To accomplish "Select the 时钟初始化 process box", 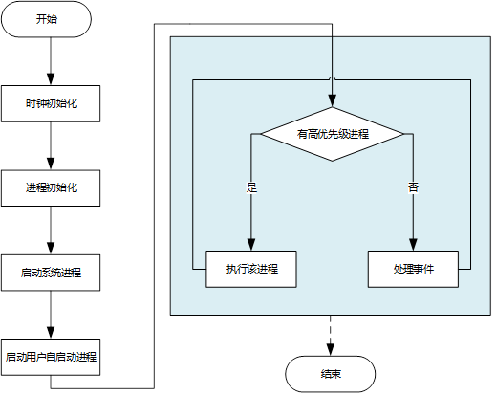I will click(51, 103).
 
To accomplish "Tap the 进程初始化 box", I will click(51, 187).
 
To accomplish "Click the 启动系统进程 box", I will click(51, 272).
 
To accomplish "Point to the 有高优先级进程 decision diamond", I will click(332, 134).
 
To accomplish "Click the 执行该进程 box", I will click(251, 269).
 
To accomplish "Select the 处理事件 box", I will click(413, 269).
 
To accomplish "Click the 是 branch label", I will click(251, 187).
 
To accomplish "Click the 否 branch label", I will click(413, 187).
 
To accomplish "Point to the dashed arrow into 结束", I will click(331, 335).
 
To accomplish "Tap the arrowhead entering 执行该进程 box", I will click(251, 245).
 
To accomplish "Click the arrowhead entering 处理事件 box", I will click(413, 245).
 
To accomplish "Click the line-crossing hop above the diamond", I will click(332, 78).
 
